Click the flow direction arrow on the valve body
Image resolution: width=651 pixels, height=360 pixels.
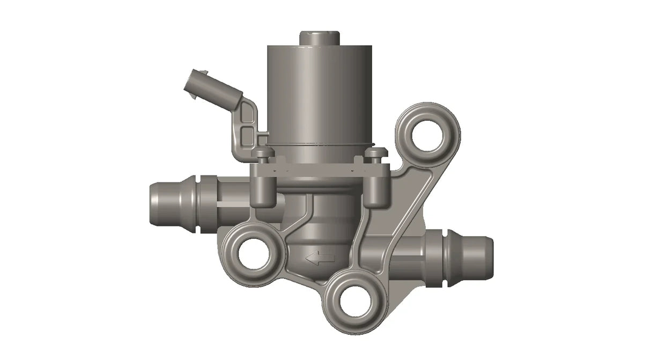320,259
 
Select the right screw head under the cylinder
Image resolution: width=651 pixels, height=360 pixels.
374,154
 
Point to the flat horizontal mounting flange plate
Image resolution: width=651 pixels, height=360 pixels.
319,170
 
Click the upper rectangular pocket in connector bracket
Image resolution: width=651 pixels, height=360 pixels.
247,114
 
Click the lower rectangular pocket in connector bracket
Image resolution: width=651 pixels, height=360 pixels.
247,134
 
